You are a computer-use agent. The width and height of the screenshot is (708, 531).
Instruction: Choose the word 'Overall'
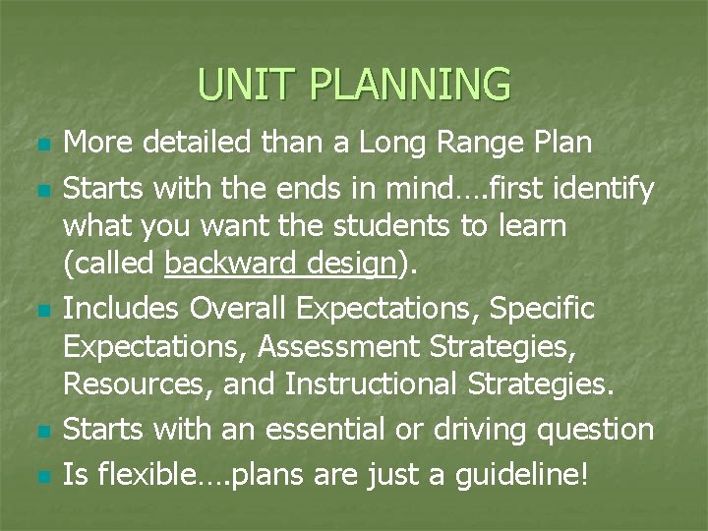coord(239,309)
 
